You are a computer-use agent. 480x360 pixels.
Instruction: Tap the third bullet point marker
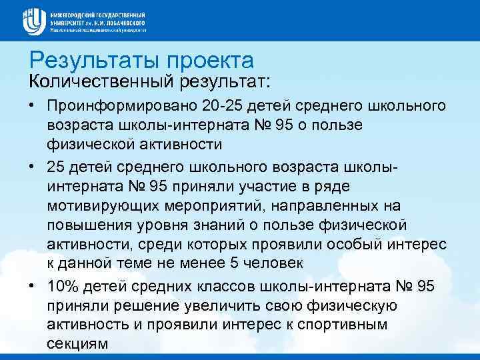(x=32, y=286)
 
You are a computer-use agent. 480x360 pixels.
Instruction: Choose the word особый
(x=353, y=245)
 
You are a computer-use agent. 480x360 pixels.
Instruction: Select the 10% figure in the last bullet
(x=62, y=287)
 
